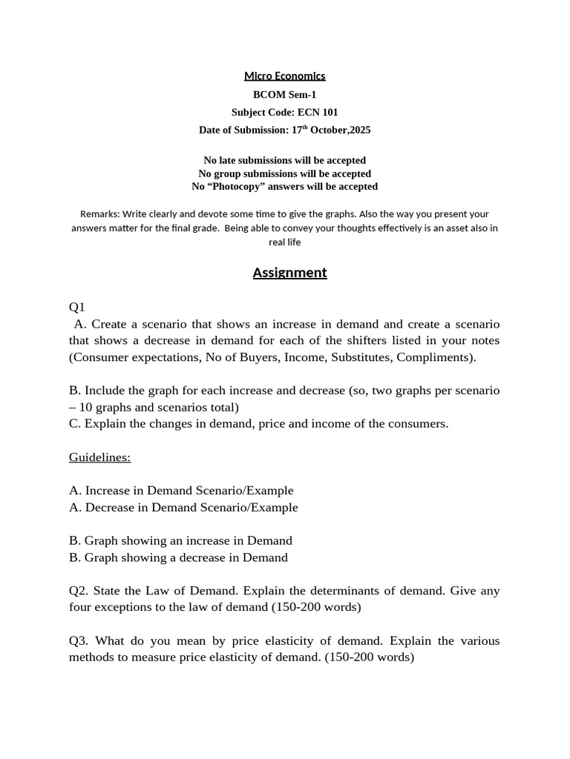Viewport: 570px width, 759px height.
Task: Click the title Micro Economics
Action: [x=285, y=76]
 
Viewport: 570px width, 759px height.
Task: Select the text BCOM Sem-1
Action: [x=285, y=94]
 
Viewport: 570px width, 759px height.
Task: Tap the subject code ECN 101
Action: [x=318, y=112]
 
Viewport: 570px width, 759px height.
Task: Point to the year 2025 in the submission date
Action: [x=359, y=130]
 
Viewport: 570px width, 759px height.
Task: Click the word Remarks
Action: [x=99, y=213]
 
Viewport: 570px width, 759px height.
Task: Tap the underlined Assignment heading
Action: [x=289, y=272]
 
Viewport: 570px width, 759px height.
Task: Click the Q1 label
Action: [x=77, y=307]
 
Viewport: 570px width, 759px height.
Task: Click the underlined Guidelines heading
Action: [x=99, y=457]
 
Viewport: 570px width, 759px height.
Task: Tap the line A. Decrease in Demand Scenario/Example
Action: [x=183, y=508]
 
